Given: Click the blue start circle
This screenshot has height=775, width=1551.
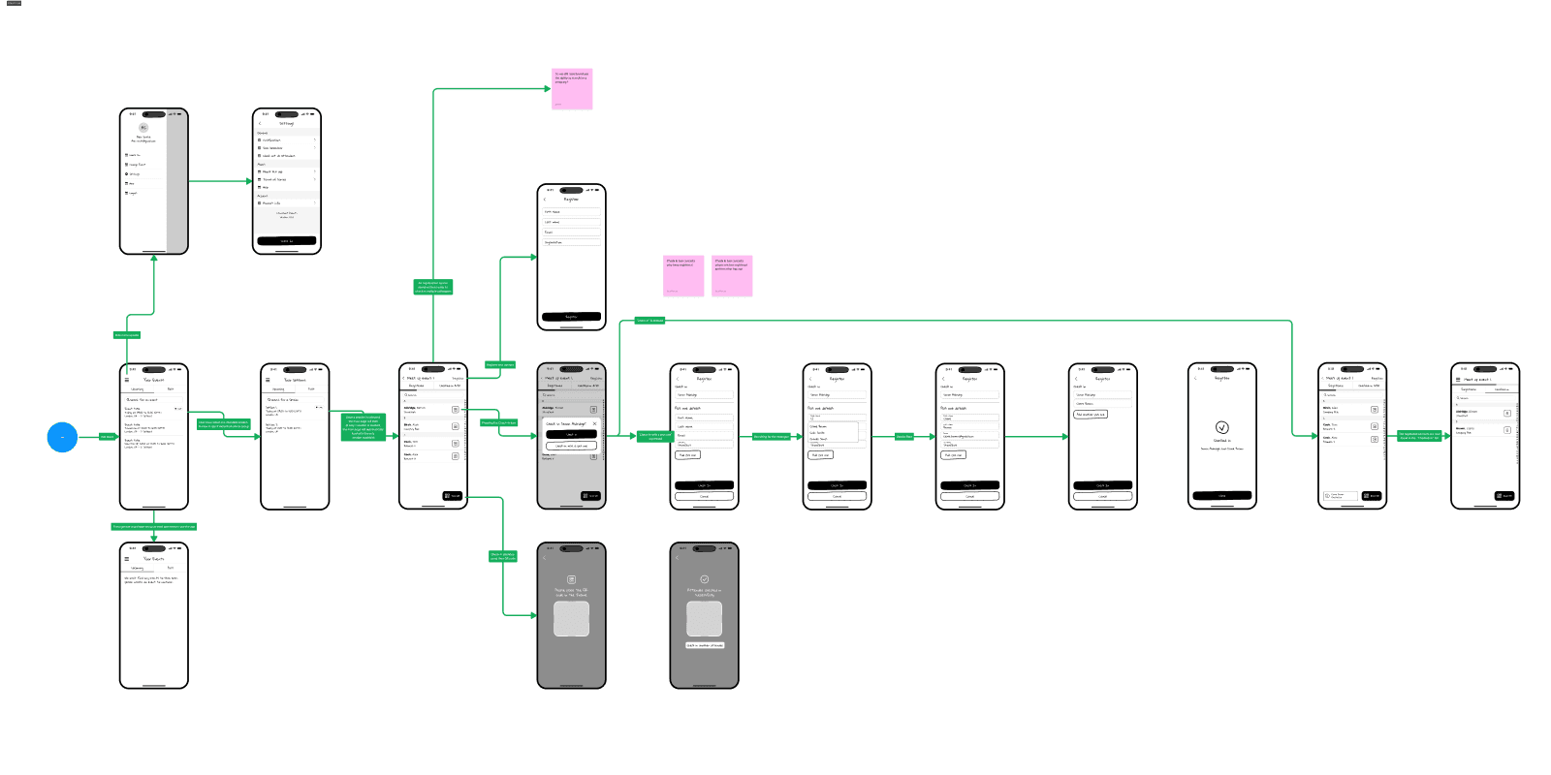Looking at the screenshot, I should point(62,437).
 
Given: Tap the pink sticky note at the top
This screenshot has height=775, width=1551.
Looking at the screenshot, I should point(573,88).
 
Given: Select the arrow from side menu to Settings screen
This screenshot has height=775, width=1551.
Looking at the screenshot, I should point(220,181).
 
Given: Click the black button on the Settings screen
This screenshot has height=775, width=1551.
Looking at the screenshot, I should point(286,241).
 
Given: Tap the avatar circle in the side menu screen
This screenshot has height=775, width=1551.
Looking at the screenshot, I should point(143,128).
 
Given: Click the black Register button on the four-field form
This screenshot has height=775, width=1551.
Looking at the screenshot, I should point(571,317).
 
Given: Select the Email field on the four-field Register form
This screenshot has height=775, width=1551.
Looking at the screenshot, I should point(571,232).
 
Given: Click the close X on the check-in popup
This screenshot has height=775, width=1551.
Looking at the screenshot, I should point(594,423).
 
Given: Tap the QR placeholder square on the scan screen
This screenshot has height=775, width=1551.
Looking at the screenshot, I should point(571,619).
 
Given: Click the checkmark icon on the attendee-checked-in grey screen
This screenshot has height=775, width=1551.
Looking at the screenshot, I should point(705,579).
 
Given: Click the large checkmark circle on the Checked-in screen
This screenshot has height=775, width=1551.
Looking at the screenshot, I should point(1221,427).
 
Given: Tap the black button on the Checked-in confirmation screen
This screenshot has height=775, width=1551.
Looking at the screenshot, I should point(1221,495).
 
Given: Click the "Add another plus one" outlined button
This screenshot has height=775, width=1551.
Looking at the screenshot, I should point(1091,415).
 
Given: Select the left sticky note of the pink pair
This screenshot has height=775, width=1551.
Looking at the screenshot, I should point(683,276).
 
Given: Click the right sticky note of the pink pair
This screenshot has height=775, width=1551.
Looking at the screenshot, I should point(732,276).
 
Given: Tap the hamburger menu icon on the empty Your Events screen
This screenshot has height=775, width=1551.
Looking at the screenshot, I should point(126,559).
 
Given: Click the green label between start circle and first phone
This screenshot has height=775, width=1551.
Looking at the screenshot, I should point(107,437).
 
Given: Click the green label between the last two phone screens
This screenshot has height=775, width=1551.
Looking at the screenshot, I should point(1419,436).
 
